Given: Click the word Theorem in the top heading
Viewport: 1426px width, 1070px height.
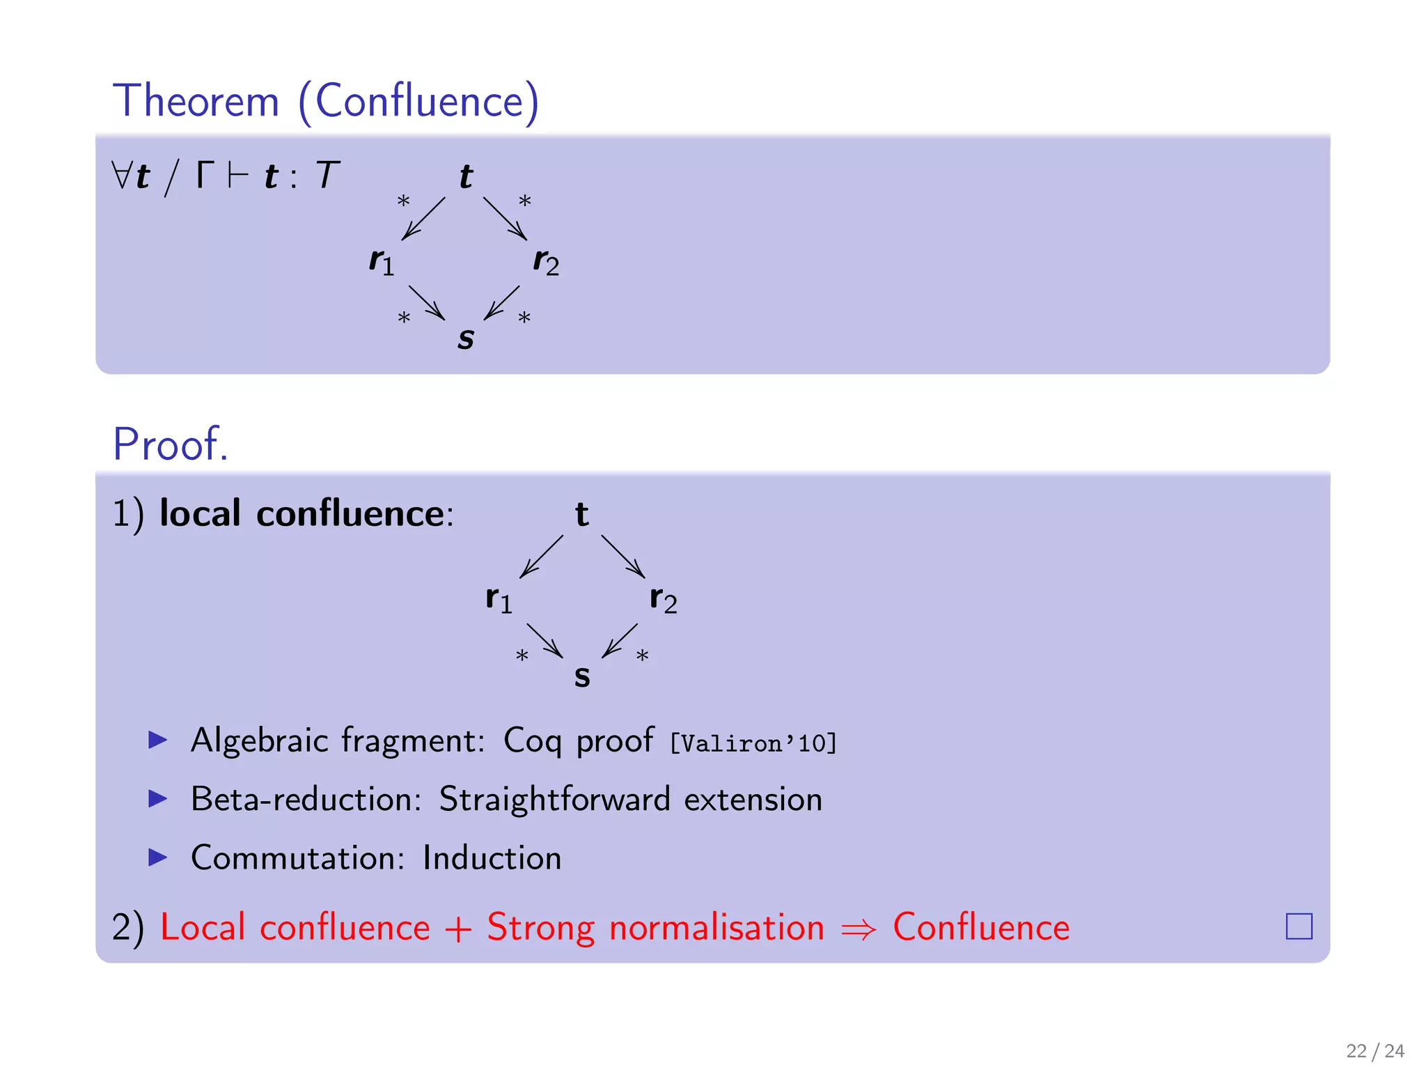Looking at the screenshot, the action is (196, 101).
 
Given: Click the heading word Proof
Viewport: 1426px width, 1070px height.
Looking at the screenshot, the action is (171, 444).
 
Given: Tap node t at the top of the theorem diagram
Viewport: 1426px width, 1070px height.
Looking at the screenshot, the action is (466, 176).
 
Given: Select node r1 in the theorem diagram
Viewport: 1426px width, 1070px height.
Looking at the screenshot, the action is (382, 262).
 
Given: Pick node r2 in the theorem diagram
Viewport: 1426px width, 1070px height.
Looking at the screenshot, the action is (546, 262).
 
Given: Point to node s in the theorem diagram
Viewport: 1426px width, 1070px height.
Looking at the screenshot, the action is (466, 339).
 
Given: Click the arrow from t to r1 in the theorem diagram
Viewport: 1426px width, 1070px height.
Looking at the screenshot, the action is (423, 218).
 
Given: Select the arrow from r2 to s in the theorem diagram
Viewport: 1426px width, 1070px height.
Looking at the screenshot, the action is (502, 302).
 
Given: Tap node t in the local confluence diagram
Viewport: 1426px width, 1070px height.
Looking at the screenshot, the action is (582, 515).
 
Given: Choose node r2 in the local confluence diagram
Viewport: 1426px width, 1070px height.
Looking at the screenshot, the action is (663, 599).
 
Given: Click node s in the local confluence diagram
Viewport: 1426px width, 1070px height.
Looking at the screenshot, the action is (582, 676).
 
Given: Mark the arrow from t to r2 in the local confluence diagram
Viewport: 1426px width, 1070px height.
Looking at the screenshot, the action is (623, 556).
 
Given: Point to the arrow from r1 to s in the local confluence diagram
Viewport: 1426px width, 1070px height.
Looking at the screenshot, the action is (544, 640).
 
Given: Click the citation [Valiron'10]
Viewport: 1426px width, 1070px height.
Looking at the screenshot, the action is (753, 743).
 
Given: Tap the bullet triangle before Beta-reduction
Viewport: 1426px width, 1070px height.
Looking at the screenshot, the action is (158, 798).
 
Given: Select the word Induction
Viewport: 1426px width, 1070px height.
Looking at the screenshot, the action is (492, 858).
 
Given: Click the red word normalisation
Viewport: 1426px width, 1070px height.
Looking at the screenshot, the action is (716, 928).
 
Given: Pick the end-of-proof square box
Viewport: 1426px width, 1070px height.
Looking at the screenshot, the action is (1299, 926).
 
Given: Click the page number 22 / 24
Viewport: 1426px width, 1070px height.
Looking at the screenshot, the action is (1374, 1050).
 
